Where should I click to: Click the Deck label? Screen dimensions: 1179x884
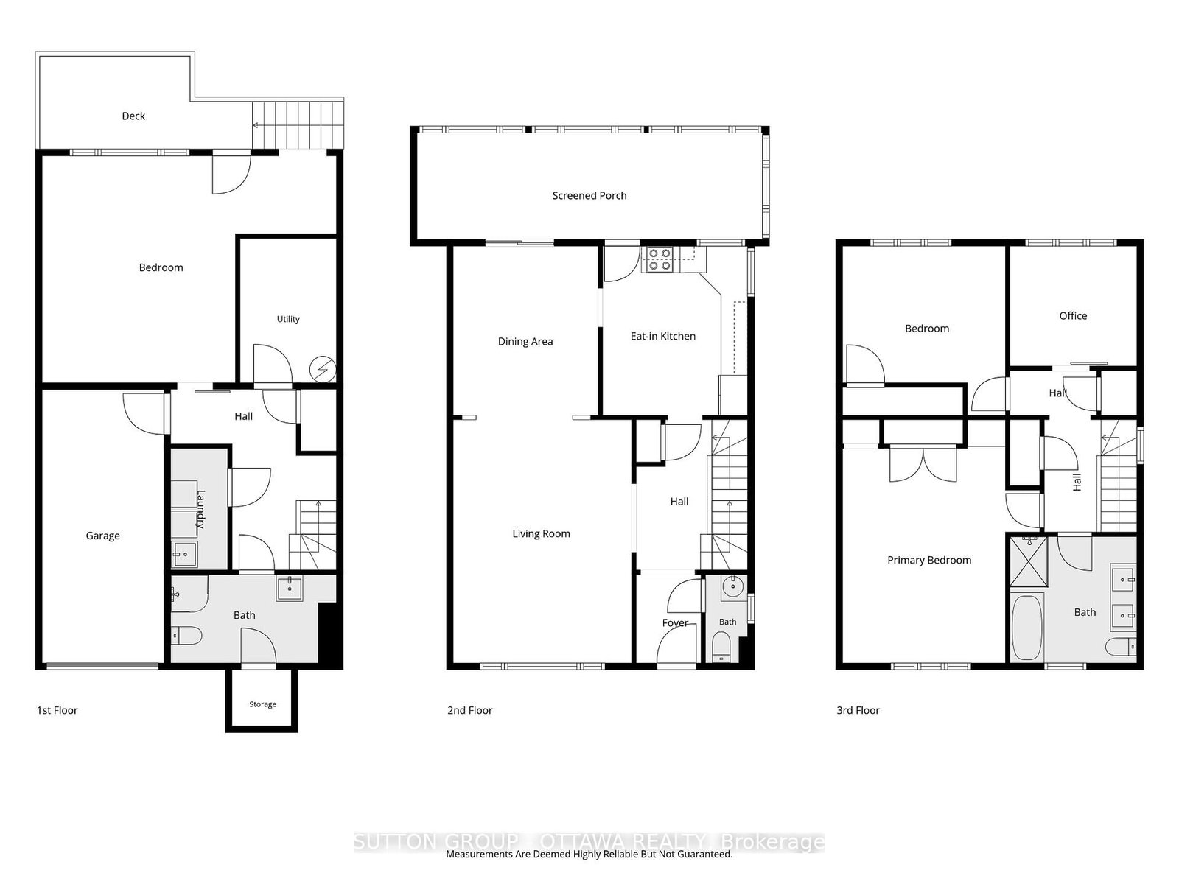pyautogui.click(x=133, y=116)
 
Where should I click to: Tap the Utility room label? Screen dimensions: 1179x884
pyautogui.click(x=288, y=319)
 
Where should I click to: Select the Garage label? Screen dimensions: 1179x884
pyautogui.click(x=102, y=536)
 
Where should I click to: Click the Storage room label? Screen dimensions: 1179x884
pyautogui.click(x=262, y=704)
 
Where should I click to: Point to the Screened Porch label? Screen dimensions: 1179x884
pyautogui.click(x=589, y=196)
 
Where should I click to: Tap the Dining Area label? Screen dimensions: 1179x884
pyautogui.click(x=525, y=341)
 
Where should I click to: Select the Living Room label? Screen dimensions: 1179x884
pyautogui.click(x=541, y=533)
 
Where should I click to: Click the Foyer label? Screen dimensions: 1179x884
pyautogui.click(x=675, y=622)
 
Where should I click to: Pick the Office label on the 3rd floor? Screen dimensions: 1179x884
pyautogui.click(x=1073, y=315)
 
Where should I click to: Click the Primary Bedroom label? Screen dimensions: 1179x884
pyautogui.click(x=928, y=561)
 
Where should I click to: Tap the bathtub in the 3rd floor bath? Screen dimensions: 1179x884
pyautogui.click(x=1027, y=628)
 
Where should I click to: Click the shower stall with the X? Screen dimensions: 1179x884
pyautogui.click(x=1029, y=561)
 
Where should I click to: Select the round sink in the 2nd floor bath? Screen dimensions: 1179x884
pyautogui.click(x=732, y=586)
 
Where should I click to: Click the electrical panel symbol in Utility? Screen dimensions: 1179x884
pyautogui.click(x=323, y=369)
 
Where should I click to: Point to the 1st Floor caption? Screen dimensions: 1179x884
pyautogui.click(x=57, y=711)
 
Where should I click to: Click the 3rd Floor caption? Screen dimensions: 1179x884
pyautogui.click(x=858, y=711)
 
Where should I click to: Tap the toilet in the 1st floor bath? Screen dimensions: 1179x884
pyautogui.click(x=186, y=636)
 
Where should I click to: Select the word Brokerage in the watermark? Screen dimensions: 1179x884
pyautogui.click(x=772, y=841)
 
